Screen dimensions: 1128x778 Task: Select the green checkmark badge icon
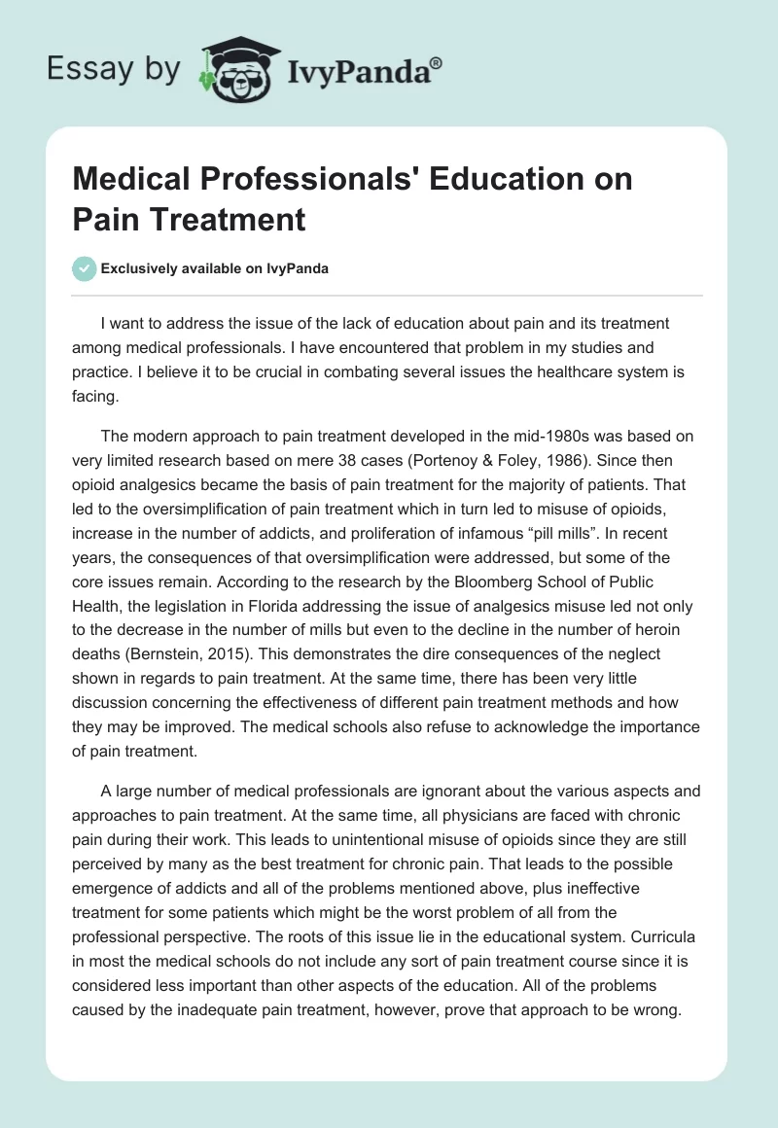tap(85, 268)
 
